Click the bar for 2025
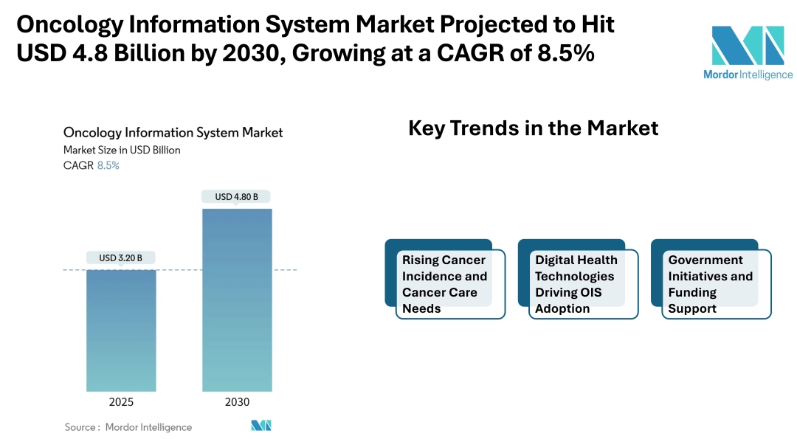pyautogui.click(x=121, y=330)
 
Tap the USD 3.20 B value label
pyautogui.click(x=121, y=258)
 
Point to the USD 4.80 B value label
pyautogui.click(x=237, y=197)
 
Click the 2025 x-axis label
pyautogui.click(x=121, y=402)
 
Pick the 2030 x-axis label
pyautogui.click(x=237, y=402)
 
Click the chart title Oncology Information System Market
pyautogui.click(x=173, y=133)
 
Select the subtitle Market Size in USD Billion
pyautogui.click(x=122, y=150)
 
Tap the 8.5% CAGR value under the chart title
pyautogui.click(x=108, y=165)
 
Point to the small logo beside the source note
pyautogui.click(x=261, y=426)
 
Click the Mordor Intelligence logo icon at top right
pyautogui.click(x=748, y=45)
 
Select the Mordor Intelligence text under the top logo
pyautogui.click(x=748, y=75)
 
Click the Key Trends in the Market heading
pyautogui.click(x=533, y=128)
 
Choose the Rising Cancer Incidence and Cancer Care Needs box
pyautogui.click(x=445, y=284)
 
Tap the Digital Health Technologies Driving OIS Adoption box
pyautogui.click(x=578, y=284)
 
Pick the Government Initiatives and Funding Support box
pyautogui.click(x=711, y=284)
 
